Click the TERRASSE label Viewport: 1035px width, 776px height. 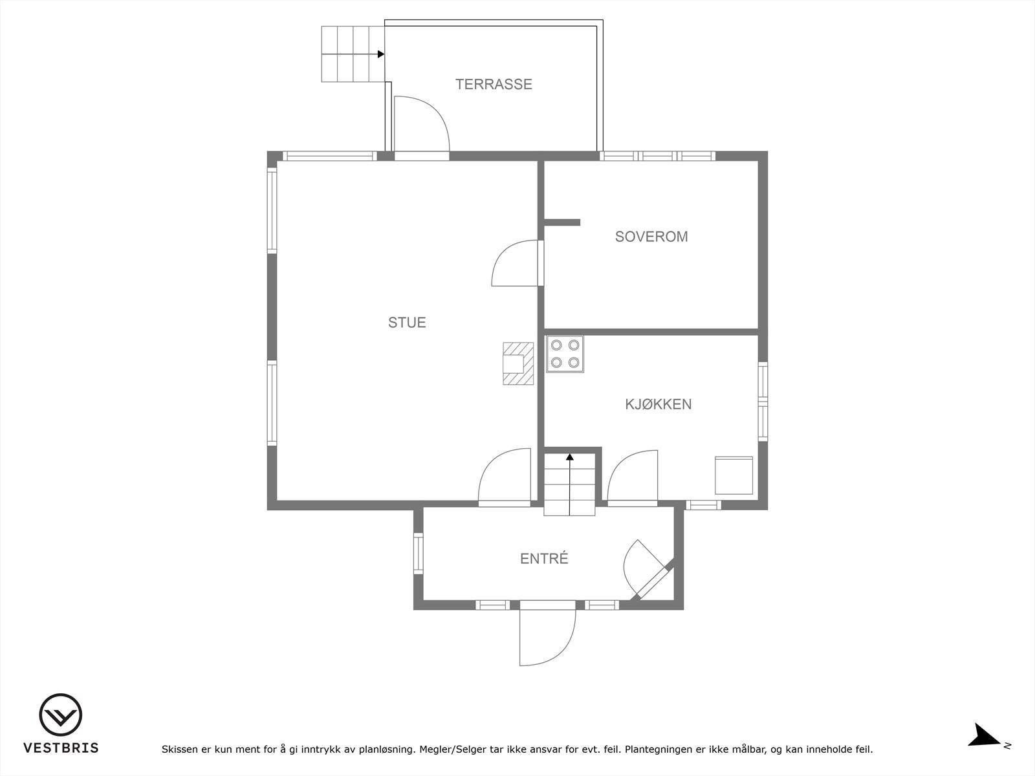(x=494, y=84)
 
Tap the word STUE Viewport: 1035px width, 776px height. (x=407, y=322)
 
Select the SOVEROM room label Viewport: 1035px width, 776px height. (x=651, y=237)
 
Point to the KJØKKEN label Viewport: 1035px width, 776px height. (x=658, y=404)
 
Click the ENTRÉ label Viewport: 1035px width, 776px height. (x=544, y=559)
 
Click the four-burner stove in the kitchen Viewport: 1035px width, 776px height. (x=565, y=354)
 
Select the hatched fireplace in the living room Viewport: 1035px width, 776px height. (x=519, y=364)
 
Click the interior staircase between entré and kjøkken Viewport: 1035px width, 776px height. (x=569, y=483)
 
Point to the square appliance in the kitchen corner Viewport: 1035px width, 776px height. (x=734, y=475)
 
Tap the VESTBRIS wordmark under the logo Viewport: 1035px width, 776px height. (x=61, y=748)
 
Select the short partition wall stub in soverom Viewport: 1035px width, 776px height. (x=561, y=222)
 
